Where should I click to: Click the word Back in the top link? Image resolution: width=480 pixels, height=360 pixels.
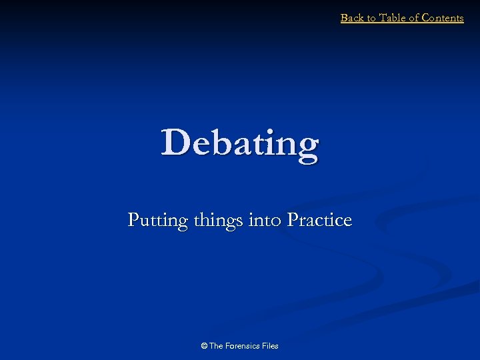click(351, 18)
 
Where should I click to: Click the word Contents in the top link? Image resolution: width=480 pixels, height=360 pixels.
click(443, 18)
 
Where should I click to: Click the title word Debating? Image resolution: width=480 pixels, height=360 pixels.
click(240, 143)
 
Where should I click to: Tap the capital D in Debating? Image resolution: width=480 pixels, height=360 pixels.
click(174, 142)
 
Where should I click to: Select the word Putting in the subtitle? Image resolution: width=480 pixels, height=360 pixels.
click(157, 221)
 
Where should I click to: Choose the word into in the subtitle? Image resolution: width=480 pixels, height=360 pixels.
click(265, 220)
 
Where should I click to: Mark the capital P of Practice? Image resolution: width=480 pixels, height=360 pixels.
click(293, 220)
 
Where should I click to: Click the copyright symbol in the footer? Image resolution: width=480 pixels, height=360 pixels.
click(204, 345)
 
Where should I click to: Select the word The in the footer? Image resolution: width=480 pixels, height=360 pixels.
click(217, 345)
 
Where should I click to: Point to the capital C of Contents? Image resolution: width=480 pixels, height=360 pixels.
click(426, 18)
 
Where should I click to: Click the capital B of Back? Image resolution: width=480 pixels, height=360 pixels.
click(344, 18)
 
